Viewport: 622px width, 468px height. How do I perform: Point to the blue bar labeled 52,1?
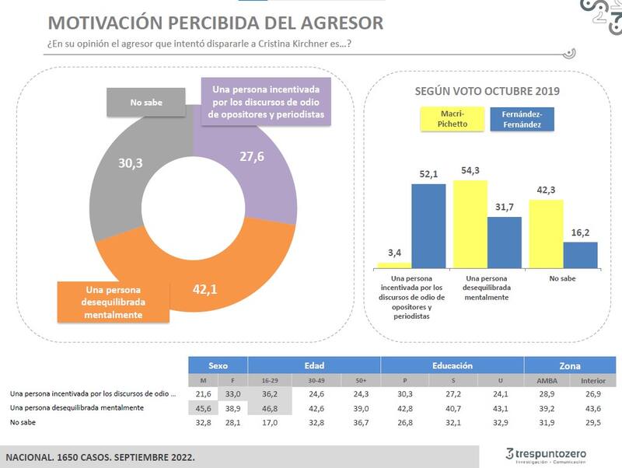point(428,225)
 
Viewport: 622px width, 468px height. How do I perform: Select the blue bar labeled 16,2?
point(580,255)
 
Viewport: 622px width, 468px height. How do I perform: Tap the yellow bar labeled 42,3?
point(546,233)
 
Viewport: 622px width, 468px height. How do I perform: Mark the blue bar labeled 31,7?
point(505,243)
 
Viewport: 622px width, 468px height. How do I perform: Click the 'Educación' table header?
point(453,365)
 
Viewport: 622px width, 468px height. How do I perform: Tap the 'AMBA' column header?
point(548,380)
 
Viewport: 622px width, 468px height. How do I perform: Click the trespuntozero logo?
point(546,453)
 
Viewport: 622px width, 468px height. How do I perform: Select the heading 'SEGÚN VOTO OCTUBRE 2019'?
point(488,91)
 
